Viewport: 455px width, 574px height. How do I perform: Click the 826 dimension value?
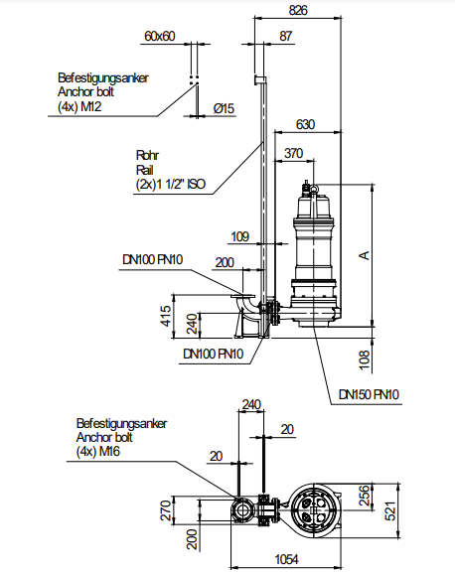[298, 10]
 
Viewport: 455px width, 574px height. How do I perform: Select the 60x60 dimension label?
[160, 36]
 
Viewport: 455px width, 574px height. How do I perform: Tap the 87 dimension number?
[286, 36]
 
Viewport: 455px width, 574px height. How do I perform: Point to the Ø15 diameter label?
[224, 108]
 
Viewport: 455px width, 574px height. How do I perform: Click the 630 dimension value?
[305, 124]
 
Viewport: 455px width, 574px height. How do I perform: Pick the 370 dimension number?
[294, 153]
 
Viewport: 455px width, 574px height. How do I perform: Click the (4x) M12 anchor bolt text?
[79, 106]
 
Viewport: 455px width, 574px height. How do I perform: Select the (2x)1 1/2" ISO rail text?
[171, 184]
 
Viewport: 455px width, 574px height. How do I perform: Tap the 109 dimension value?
[240, 236]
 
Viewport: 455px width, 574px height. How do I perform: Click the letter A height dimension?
[365, 255]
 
